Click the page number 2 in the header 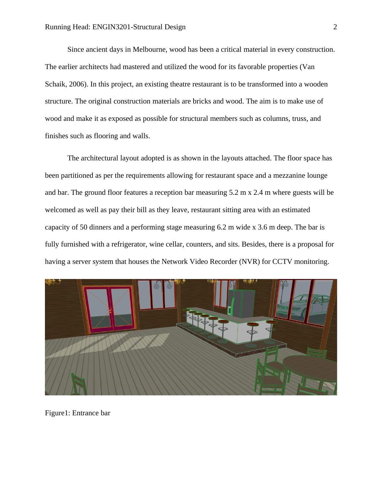(x=335, y=27)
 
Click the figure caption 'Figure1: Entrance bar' (x=77, y=413)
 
